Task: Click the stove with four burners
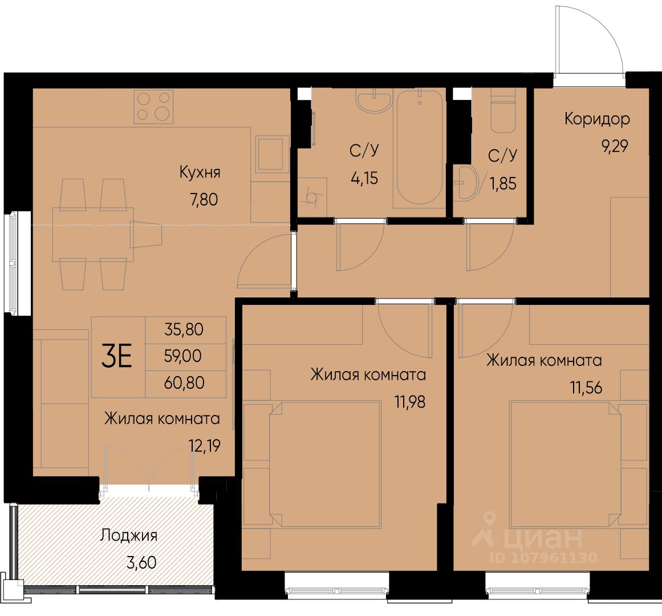[154, 107]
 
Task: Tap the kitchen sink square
[270, 154]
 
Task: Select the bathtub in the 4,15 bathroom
[420, 148]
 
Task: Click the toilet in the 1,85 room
[503, 111]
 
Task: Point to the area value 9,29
[615, 146]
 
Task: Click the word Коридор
[597, 119]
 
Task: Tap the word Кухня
[200, 172]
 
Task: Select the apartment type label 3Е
[117, 356]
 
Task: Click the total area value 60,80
[185, 383]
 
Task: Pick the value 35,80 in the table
[184, 329]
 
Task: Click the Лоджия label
[129, 536]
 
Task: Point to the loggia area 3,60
[141, 563]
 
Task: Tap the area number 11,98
[410, 402]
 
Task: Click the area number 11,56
[586, 387]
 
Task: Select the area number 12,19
[205, 446]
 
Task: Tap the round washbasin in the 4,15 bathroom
[373, 101]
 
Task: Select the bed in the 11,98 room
[325, 464]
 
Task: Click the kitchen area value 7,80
[204, 199]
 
